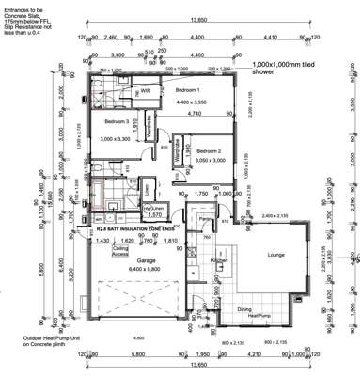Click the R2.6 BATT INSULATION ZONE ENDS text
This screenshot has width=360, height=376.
point(135,228)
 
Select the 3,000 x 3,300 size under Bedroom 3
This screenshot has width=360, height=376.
point(117,139)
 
